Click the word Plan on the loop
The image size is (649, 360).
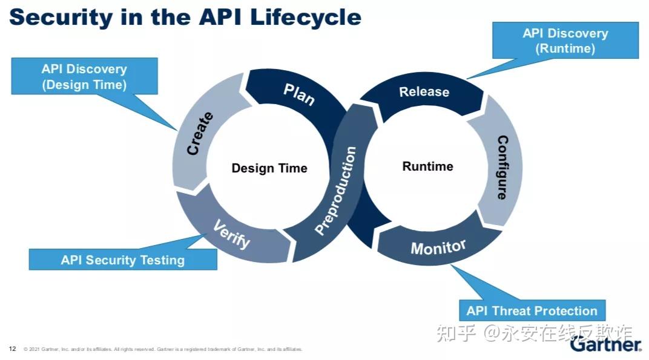[299, 94]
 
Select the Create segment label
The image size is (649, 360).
[200, 134]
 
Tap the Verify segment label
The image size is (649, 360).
[231, 234]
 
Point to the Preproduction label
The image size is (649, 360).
[336, 191]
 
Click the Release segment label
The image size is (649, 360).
[424, 92]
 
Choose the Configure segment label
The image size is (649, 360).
[502, 168]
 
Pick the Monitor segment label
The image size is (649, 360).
[438, 247]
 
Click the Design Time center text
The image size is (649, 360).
[269, 168]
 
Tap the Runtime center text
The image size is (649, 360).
[427, 166]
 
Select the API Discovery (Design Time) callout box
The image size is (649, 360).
[84, 77]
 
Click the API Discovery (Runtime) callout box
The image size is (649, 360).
[565, 41]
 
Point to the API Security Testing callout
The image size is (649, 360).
[123, 260]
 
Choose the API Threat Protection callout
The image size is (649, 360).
[532, 311]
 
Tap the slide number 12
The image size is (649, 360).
[12, 349]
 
